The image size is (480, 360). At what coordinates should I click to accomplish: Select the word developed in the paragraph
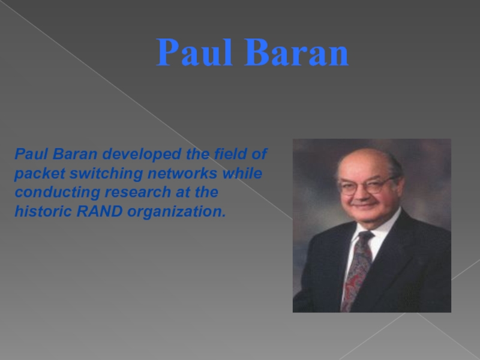click(x=142, y=154)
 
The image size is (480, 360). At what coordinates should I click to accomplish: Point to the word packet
click(x=40, y=173)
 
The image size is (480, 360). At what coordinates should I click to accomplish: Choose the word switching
click(x=106, y=173)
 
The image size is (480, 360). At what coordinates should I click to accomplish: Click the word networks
click(x=182, y=173)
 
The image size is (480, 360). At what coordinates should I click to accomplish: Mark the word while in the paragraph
click(x=242, y=173)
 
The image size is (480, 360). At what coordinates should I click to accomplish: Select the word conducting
click(x=58, y=193)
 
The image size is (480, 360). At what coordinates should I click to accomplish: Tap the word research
click(x=138, y=192)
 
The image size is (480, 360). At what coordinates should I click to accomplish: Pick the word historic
click(x=43, y=211)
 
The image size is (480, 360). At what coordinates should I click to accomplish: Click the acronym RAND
click(x=100, y=211)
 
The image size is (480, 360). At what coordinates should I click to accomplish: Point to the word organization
click(x=176, y=212)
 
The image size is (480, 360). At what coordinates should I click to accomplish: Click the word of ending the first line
click(x=259, y=154)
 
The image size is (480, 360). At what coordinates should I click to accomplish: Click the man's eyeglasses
click(x=367, y=186)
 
